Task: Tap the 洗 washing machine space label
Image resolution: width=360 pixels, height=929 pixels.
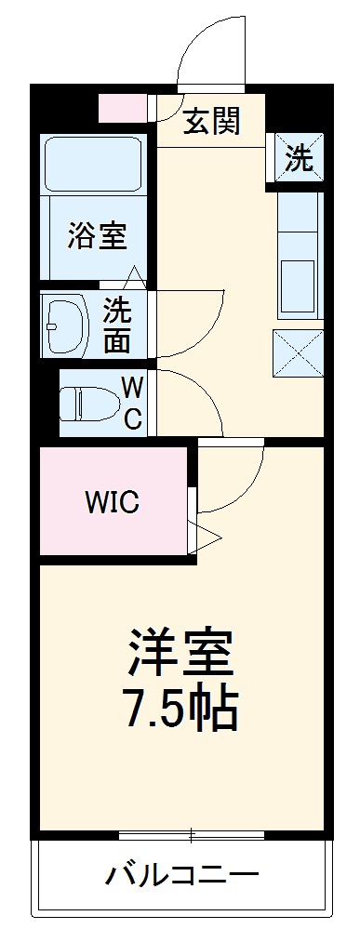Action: coord(299,159)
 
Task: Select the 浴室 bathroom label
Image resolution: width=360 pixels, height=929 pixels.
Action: coord(96,236)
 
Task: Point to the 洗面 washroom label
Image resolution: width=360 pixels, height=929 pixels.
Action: coord(117,325)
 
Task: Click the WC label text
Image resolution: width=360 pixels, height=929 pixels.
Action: coord(133,404)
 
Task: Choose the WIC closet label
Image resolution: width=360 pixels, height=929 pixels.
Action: coord(112,503)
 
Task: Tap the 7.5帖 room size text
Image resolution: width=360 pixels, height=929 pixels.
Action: coord(181,709)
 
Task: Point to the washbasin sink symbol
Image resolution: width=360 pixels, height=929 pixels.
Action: coord(65,325)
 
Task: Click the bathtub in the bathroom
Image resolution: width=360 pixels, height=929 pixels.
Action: coord(92,167)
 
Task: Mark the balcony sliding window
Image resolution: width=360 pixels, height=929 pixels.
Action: coord(192,835)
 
